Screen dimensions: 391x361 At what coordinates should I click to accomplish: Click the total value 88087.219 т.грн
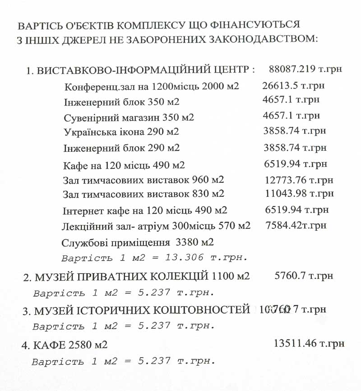(x=305, y=69)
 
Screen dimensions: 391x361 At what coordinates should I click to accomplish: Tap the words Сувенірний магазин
(x=109, y=117)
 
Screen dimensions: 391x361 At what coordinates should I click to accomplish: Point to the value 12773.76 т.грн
(x=299, y=180)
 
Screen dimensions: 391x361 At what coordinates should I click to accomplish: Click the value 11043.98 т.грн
(x=299, y=194)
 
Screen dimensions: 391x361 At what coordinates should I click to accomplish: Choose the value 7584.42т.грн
(x=296, y=224)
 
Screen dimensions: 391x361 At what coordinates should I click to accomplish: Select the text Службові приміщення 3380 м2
(x=137, y=242)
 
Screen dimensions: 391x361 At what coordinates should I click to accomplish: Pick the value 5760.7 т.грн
(x=304, y=275)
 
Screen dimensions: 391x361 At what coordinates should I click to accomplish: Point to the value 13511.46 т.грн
(x=309, y=344)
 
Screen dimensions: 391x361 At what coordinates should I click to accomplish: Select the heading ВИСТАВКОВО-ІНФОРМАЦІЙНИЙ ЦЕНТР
(x=142, y=70)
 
